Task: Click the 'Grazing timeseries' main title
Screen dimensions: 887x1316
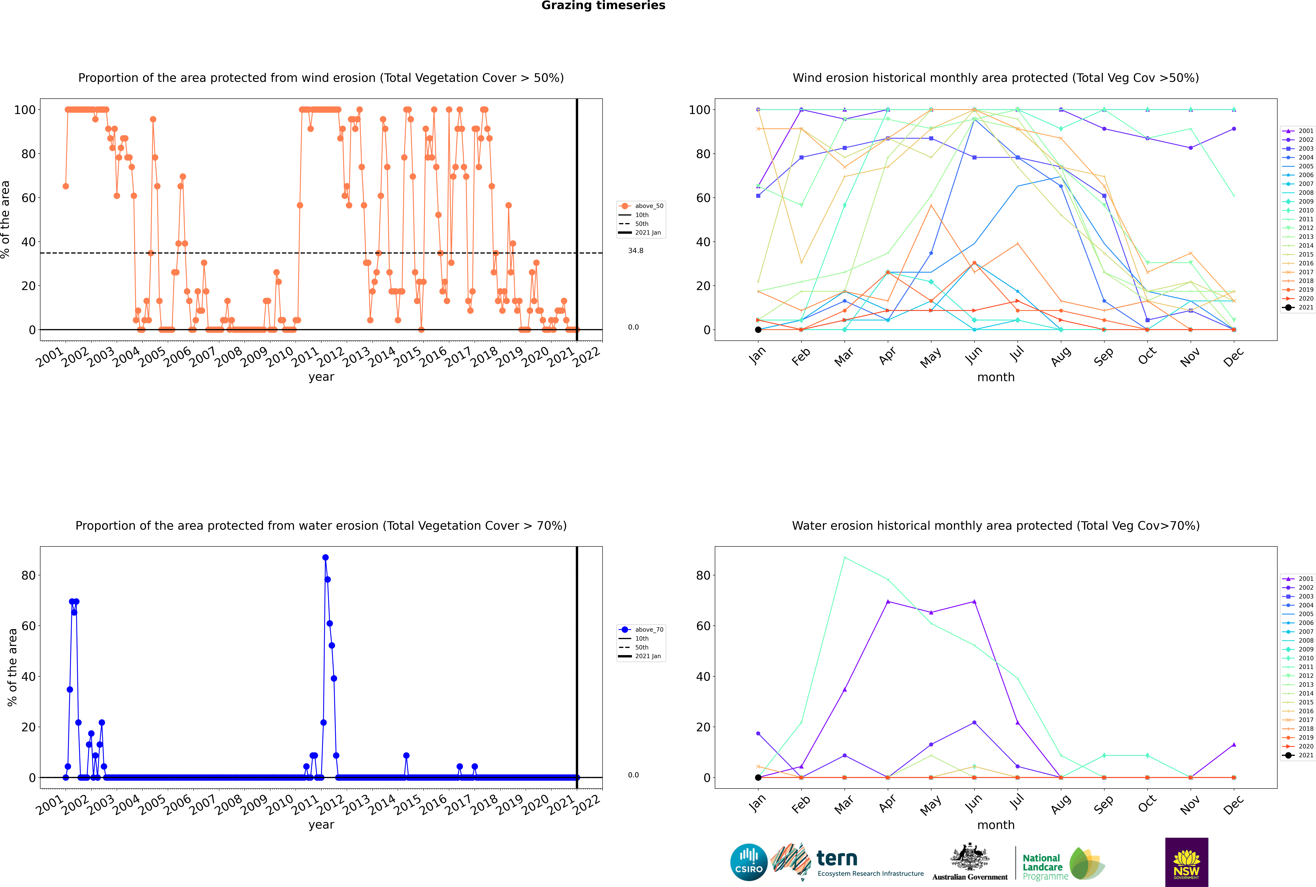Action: pos(603,6)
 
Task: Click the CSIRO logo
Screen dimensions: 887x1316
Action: pos(748,862)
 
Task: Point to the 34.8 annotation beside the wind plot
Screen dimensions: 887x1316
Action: pos(635,251)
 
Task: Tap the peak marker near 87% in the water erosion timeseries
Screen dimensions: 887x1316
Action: pos(325,558)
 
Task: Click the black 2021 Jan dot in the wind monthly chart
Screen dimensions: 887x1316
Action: pos(758,330)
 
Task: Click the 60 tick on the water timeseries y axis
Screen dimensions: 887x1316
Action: pos(28,626)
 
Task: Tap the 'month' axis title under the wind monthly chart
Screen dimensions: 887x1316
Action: pos(996,377)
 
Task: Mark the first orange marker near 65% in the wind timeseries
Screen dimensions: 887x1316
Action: pos(66,186)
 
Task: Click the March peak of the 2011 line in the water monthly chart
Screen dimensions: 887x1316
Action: pos(845,558)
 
